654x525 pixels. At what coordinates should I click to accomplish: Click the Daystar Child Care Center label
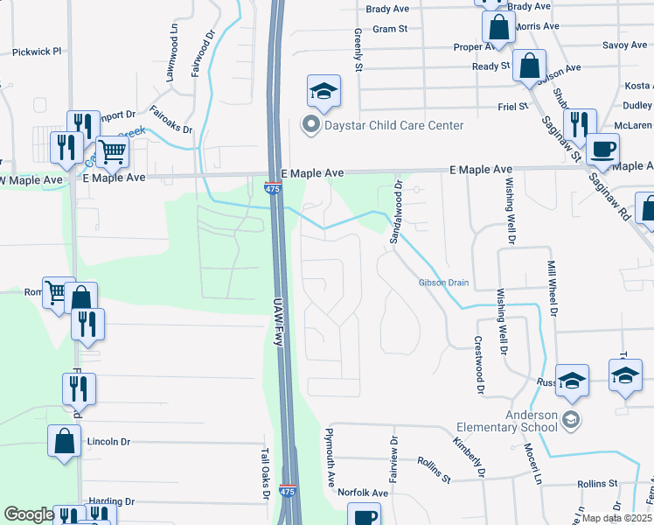(x=393, y=125)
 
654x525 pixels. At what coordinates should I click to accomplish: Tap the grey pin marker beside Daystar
(x=310, y=125)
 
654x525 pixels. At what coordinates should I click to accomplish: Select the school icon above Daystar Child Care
(x=324, y=92)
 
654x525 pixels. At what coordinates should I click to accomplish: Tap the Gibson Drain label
(x=444, y=283)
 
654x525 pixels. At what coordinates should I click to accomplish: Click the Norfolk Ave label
(x=363, y=493)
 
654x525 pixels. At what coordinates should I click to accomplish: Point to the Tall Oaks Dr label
(x=264, y=475)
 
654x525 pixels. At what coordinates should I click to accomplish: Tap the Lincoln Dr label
(x=108, y=442)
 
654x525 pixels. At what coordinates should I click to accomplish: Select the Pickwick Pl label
(x=37, y=52)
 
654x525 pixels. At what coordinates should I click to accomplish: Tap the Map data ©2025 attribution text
(x=617, y=518)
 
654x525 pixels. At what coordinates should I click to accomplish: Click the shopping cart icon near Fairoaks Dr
(x=113, y=153)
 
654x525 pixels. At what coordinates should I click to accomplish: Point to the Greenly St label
(x=358, y=49)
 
